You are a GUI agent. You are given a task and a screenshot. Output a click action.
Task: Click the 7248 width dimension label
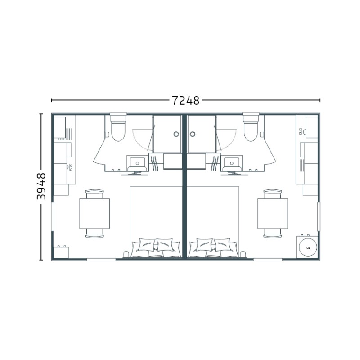[x=186, y=100]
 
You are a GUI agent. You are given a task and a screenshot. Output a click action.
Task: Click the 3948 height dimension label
[x=41, y=186]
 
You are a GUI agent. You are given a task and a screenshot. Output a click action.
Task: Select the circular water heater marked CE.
[x=308, y=247]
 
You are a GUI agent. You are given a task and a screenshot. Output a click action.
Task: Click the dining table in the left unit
[x=94, y=213]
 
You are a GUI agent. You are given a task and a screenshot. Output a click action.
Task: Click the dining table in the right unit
[x=273, y=213]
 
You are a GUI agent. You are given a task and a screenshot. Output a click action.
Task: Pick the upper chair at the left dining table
[x=94, y=194]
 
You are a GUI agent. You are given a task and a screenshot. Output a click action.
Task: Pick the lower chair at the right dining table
[x=273, y=233]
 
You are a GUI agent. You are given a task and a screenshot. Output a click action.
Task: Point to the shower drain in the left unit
[x=176, y=134]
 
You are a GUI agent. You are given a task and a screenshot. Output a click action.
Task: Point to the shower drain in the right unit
[x=193, y=134]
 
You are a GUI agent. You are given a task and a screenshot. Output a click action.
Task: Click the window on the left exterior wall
[x=53, y=216]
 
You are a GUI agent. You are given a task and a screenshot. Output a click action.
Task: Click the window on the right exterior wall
[x=319, y=216]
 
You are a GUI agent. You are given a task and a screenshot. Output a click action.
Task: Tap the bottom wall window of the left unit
[x=101, y=260]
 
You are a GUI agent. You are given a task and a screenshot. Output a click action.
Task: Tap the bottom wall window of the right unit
[x=268, y=260]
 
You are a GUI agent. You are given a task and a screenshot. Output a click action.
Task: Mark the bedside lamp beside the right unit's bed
[x=243, y=254]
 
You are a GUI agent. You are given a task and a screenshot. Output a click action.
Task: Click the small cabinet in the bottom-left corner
[x=61, y=252]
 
